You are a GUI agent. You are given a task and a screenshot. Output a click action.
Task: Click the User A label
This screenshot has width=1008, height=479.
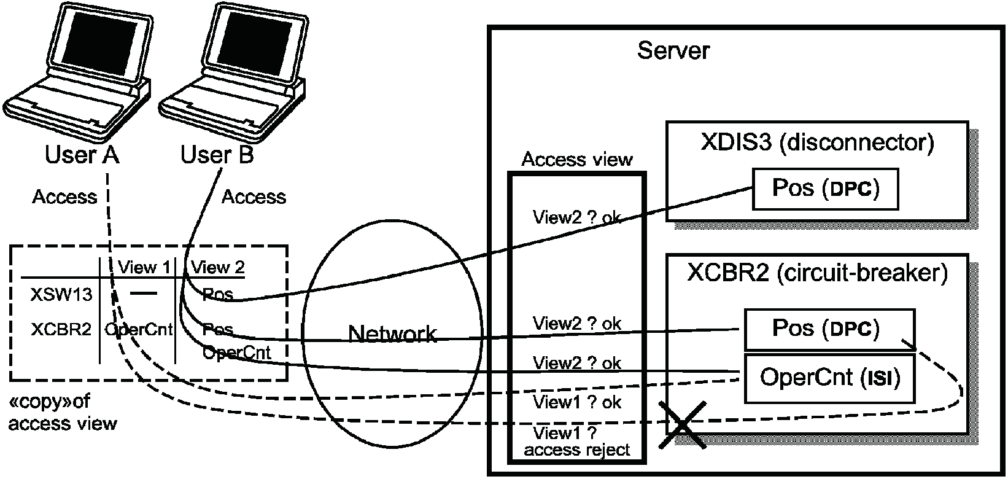click(x=82, y=154)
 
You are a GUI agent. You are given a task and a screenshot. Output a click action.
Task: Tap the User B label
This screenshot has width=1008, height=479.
click(x=217, y=154)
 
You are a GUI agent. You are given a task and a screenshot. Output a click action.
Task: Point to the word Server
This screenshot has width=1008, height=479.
click(x=673, y=50)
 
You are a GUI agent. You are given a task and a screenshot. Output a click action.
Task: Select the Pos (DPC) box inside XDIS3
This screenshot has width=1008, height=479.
click(x=826, y=189)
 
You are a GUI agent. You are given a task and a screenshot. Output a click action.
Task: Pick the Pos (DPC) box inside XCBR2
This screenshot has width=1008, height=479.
click(x=830, y=329)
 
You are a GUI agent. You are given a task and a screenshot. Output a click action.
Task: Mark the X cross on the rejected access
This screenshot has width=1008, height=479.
click(x=682, y=425)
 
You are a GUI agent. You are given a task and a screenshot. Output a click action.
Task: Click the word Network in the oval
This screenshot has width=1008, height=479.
click(x=392, y=334)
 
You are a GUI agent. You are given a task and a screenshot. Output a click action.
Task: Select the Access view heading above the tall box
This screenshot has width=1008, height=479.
click(x=577, y=159)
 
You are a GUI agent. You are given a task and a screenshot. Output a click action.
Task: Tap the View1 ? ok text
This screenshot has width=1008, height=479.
click(x=577, y=402)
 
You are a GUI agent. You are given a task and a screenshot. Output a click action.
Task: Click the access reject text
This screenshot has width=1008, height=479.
click(x=577, y=450)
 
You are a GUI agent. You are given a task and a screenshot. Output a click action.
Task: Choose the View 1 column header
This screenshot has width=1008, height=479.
click(x=144, y=267)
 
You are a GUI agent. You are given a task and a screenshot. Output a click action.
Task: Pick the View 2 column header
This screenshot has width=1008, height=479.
click(x=218, y=267)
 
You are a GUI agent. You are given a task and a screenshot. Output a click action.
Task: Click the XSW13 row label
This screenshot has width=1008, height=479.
click(x=61, y=294)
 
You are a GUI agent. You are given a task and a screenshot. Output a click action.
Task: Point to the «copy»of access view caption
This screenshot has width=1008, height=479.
click(x=63, y=412)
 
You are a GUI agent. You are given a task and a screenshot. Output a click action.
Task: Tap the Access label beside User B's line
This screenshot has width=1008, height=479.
click(x=254, y=197)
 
